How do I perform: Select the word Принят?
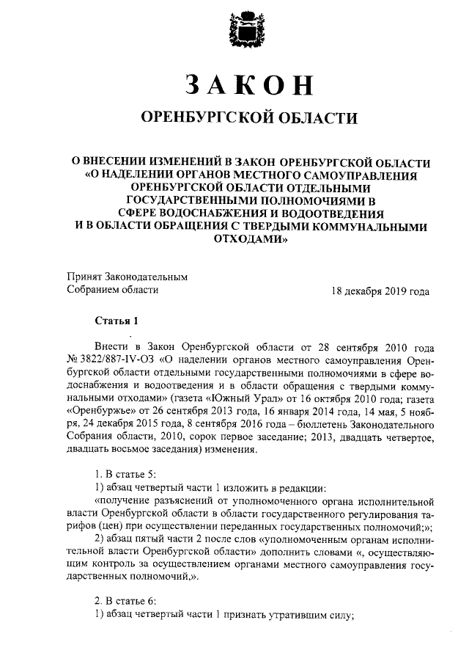click(x=82, y=277)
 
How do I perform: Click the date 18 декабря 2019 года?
click(x=380, y=291)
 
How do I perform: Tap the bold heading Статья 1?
click(x=115, y=321)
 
